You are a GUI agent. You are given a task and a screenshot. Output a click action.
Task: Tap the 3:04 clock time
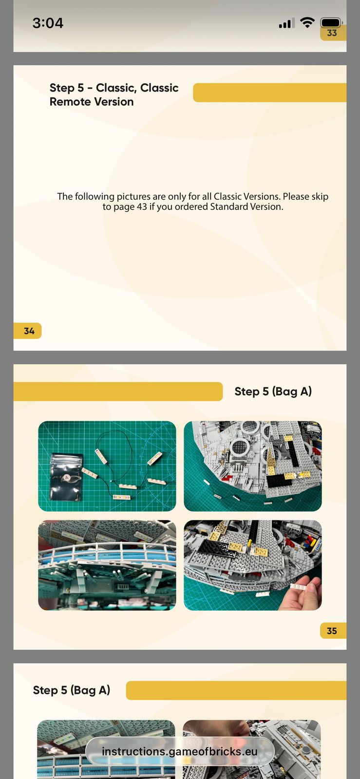pos(48,23)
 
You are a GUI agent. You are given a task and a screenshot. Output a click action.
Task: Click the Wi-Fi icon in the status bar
pos(307,22)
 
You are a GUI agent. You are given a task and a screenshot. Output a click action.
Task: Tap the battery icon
pos(331,22)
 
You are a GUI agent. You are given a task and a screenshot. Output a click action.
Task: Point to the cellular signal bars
pos(286,23)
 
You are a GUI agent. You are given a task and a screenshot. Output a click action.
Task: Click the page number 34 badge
pos(27,331)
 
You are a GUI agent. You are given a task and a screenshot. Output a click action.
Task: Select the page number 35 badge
pos(333,631)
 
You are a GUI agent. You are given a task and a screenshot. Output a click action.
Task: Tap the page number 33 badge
pos(333,33)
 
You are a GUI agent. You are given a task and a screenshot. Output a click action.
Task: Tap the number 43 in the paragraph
pos(142,207)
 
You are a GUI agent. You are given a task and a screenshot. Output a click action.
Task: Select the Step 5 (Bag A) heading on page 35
pos(273,391)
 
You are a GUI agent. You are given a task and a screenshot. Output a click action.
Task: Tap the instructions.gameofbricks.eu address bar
pos(180,752)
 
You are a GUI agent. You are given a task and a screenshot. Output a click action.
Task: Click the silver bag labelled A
pos(66,477)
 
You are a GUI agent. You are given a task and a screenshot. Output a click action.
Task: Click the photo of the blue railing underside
pos(107,565)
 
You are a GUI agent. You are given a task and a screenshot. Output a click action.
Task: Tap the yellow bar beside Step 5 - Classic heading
pos(269,93)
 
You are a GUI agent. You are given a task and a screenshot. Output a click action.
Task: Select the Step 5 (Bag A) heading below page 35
pos(72,690)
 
